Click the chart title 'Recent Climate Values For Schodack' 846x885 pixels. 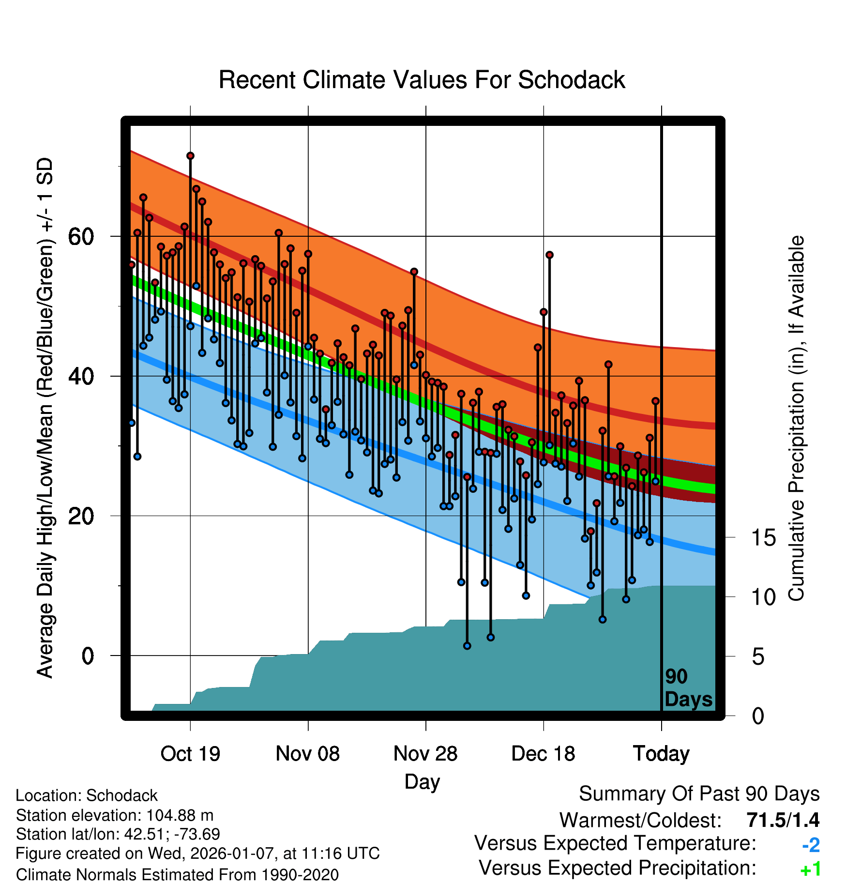coord(422,80)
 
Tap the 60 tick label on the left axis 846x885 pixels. coord(81,237)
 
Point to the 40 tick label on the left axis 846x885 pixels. coord(81,377)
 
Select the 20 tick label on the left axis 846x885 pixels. coord(81,516)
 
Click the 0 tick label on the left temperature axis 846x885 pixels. coord(88,656)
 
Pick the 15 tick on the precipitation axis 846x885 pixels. coord(763,538)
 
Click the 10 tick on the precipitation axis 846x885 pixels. coord(763,597)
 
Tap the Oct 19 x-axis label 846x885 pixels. coord(190,754)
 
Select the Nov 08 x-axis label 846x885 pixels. coord(308,754)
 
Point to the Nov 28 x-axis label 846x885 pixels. coord(425,754)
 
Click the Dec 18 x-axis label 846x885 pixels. coord(543,754)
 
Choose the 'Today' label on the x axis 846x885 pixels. coord(661,754)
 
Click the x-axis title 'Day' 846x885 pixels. coord(422,782)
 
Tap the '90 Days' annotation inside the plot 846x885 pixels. coord(688,688)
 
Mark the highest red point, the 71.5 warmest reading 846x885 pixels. coord(190,156)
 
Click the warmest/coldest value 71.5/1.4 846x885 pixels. coord(783,820)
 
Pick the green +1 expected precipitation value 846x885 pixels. coord(810,870)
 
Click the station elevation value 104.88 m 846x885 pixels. coord(180,815)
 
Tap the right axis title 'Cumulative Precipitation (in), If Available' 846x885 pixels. coord(796,419)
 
